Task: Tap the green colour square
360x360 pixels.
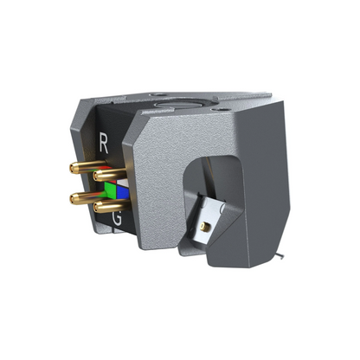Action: point(110,188)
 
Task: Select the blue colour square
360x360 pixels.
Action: point(121,192)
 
